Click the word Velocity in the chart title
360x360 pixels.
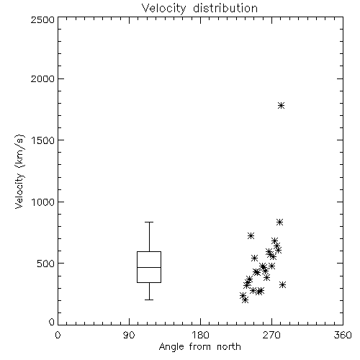tap(163, 9)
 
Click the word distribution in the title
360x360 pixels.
tap(225, 8)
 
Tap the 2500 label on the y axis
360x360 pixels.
tap(42, 19)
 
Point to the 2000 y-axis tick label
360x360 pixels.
tap(42, 78)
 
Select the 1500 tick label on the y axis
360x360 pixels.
tap(43, 140)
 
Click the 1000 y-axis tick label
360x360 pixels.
tap(43, 202)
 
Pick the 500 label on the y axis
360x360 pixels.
tap(46, 264)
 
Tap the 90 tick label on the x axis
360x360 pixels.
tap(129, 335)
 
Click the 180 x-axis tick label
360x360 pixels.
tap(200, 335)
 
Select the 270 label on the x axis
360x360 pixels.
tap(271, 335)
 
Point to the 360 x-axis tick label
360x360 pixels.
tap(343, 335)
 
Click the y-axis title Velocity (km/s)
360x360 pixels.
tap(19, 171)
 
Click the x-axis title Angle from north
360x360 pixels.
tap(200, 347)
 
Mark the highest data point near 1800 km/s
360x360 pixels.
tap(281, 106)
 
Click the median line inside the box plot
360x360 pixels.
tap(149, 267)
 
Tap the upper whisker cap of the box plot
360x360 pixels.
tap(149, 222)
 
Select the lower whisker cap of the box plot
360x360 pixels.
tap(149, 300)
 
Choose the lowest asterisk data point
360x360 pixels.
tap(245, 300)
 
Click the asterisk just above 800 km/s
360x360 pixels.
tap(279, 222)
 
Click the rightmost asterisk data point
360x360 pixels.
tap(283, 285)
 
